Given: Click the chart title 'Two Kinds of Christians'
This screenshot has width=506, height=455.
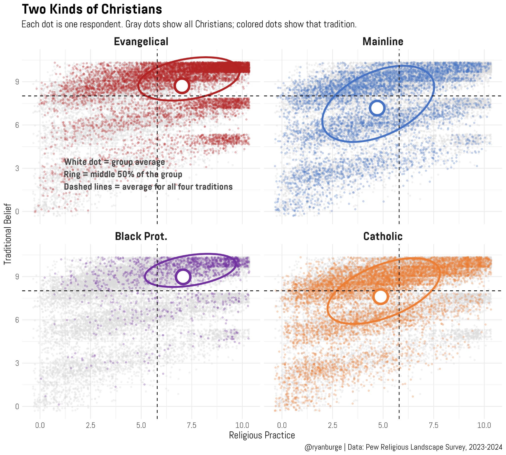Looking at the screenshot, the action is [x=92, y=9].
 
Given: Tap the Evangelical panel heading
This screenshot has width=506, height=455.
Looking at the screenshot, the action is [x=141, y=41].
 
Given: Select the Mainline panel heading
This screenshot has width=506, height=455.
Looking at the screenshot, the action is [x=383, y=41].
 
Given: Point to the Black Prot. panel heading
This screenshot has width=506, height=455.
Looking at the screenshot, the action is [x=141, y=236].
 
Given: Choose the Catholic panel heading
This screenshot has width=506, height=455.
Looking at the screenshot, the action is [x=383, y=236].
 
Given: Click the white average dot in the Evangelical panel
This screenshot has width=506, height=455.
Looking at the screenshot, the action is [x=182, y=86].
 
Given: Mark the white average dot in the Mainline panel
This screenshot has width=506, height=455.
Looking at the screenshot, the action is [x=377, y=108].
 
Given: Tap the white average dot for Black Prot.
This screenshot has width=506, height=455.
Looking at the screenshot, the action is [x=183, y=277].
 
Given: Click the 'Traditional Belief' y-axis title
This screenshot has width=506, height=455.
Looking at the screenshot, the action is [x=8, y=234].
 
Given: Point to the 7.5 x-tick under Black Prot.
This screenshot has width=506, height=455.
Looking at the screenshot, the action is [x=192, y=425].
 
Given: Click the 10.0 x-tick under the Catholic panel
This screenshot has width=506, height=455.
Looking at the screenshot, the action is [x=484, y=425].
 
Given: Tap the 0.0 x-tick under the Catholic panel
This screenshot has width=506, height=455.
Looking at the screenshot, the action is [x=282, y=425].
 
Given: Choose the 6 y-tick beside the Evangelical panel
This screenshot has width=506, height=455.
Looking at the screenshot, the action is [x=17, y=125].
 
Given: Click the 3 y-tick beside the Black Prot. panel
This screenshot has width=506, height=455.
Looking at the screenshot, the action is [x=17, y=363].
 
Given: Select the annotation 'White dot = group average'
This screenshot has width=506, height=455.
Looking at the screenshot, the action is [x=114, y=162].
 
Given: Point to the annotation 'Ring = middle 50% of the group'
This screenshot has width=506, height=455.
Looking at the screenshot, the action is [x=123, y=174].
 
